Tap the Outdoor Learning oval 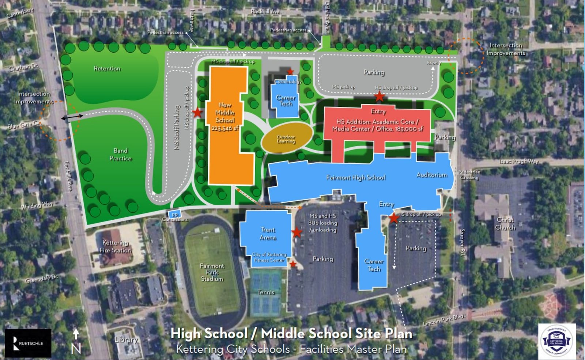pyautogui.click(x=286, y=139)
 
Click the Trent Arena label pyautogui.click(x=268, y=234)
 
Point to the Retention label pyautogui.click(x=107, y=69)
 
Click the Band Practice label pyautogui.click(x=120, y=155)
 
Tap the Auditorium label pyautogui.click(x=432, y=175)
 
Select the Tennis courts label pyautogui.click(x=266, y=292)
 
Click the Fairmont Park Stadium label pyautogui.click(x=212, y=272)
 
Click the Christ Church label pyautogui.click(x=505, y=224)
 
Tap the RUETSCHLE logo pyautogui.click(x=28, y=343)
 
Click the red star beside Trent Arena pyautogui.click(x=297, y=232)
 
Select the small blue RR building pyautogui.click(x=175, y=215)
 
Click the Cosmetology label pyautogui.click(x=288, y=82)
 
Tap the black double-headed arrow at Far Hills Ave pyautogui.click(x=72, y=117)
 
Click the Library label pyautogui.click(x=126, y=340)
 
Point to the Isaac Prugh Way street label pyautogui.click(x=519, y=161)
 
